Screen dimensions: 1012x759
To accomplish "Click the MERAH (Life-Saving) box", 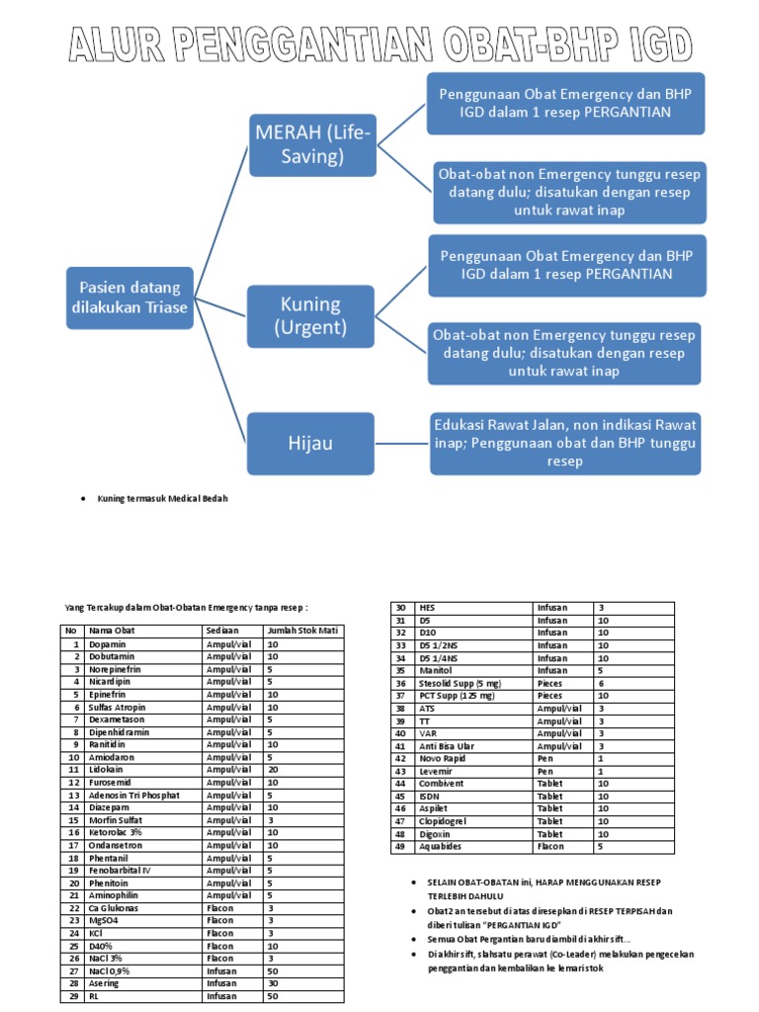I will click(x=311, y=144).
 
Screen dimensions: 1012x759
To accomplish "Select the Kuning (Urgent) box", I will click(x=310, y=316).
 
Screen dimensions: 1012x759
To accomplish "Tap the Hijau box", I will click(x=310, y=443).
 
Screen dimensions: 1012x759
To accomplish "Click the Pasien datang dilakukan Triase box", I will click(x=129, y=297).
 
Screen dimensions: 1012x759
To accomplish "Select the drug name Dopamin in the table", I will click(x=108, y=643).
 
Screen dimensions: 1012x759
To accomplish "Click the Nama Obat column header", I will click(x=110, y=630).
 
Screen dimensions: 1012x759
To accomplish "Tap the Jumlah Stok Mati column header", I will click(x=301, y=630).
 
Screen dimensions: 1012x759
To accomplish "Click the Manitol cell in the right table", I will click(x=436, y=670).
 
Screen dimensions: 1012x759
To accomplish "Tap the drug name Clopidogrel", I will click(x=445, y=821).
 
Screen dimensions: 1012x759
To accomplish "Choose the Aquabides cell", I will click(x=442, y=847).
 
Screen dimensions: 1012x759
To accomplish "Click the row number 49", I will click(x=400, y=847).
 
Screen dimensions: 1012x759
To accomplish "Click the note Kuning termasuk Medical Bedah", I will click(x=162, y=499).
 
